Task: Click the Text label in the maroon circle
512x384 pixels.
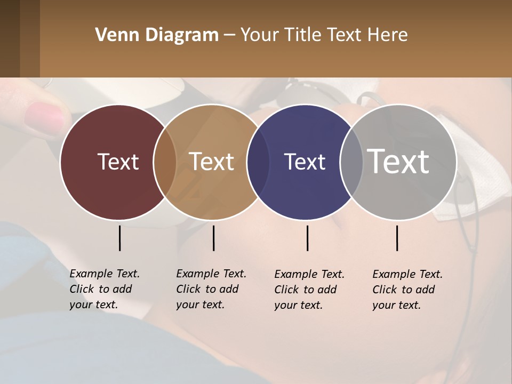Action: pos(118,162)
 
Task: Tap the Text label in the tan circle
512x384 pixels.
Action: pos(212,162)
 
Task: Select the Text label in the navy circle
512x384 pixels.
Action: pos(305,162)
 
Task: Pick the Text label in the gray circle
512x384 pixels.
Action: pos(398,161)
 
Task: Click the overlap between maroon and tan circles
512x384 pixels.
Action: pos(165,162)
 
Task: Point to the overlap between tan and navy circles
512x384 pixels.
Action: pos(258,162)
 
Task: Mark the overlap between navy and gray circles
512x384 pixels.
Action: pos(351,162)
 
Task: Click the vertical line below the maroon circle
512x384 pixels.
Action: pos(119,238)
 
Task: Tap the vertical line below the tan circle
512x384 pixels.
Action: pos(213,238)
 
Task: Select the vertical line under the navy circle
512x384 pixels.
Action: pos(307,238)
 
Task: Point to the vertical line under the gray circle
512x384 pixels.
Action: pos(397,238)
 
